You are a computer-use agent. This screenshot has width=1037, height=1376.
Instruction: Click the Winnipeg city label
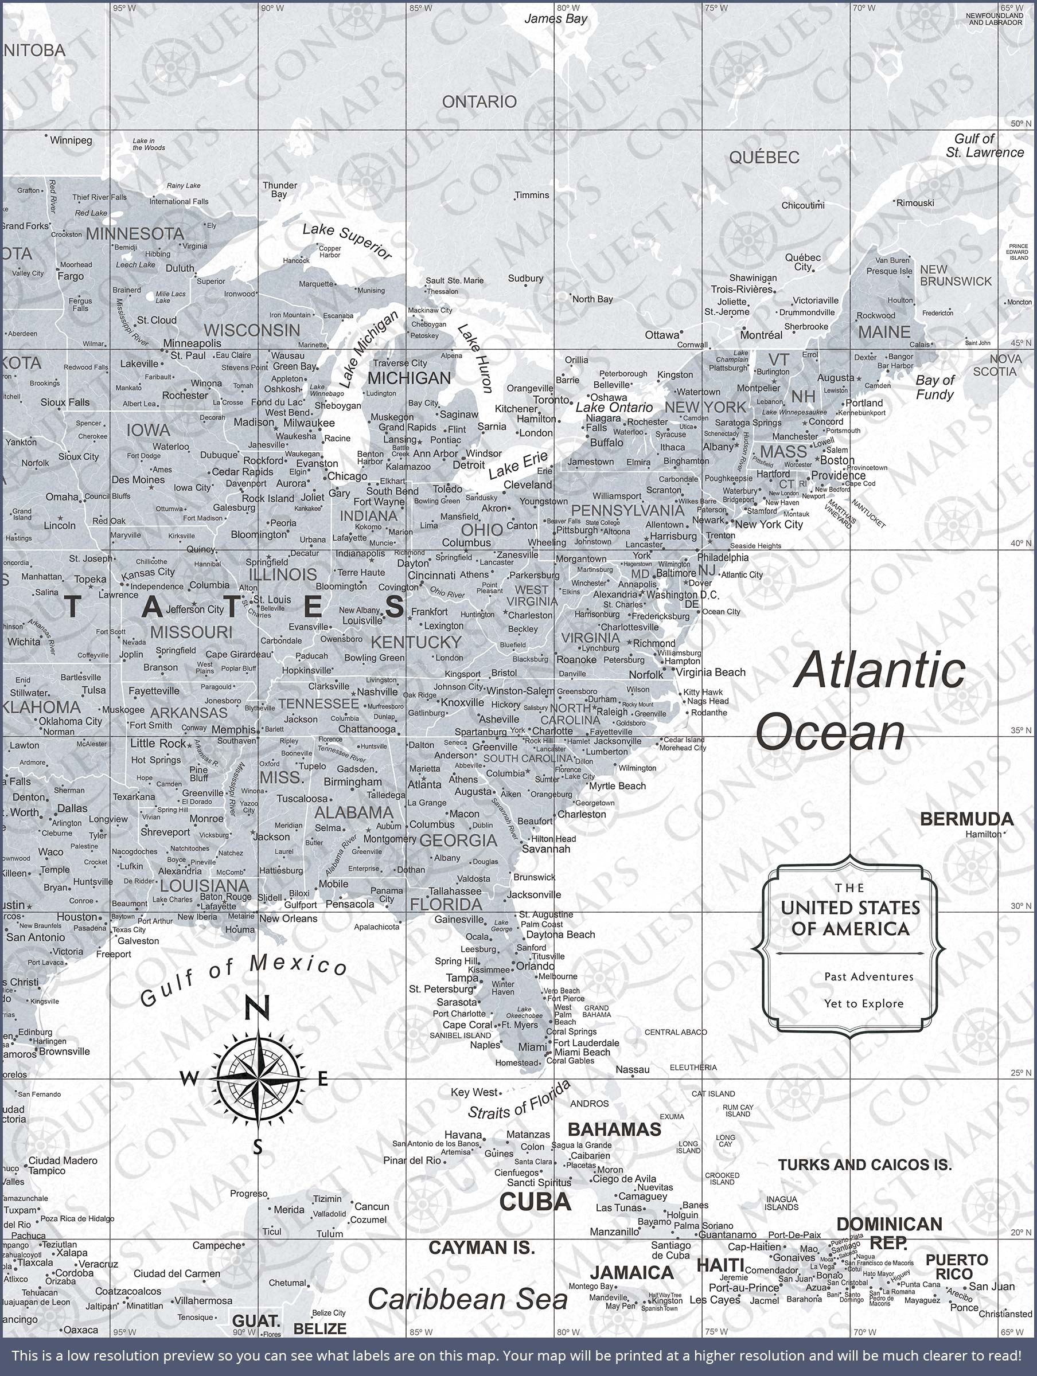71,140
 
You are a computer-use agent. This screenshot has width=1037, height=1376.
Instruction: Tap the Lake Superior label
346,241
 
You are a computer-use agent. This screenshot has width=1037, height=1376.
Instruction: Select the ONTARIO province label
479,101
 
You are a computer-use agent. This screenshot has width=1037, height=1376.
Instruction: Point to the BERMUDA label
966,819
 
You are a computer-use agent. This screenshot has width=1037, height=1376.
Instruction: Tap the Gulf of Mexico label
243,981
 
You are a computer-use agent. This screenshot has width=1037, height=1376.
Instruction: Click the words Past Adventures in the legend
868,976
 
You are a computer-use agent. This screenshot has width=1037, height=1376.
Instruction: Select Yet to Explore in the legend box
863,1003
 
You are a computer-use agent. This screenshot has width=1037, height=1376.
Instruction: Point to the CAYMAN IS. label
481,1247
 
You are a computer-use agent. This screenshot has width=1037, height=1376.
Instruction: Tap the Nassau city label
633,1069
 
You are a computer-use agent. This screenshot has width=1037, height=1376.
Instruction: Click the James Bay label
555,19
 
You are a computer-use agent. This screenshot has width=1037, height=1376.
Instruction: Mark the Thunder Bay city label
279,189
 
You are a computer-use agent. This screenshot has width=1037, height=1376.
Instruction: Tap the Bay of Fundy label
934,388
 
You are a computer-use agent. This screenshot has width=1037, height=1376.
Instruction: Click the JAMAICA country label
631,1272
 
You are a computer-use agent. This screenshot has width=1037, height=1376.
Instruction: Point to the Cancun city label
372,1207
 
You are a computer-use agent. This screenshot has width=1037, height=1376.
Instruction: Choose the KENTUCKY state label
416,642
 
